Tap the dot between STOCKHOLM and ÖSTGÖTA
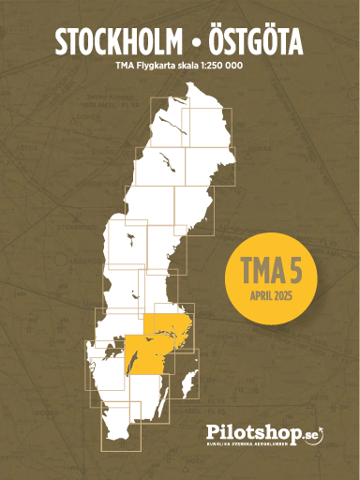click(188, 44)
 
